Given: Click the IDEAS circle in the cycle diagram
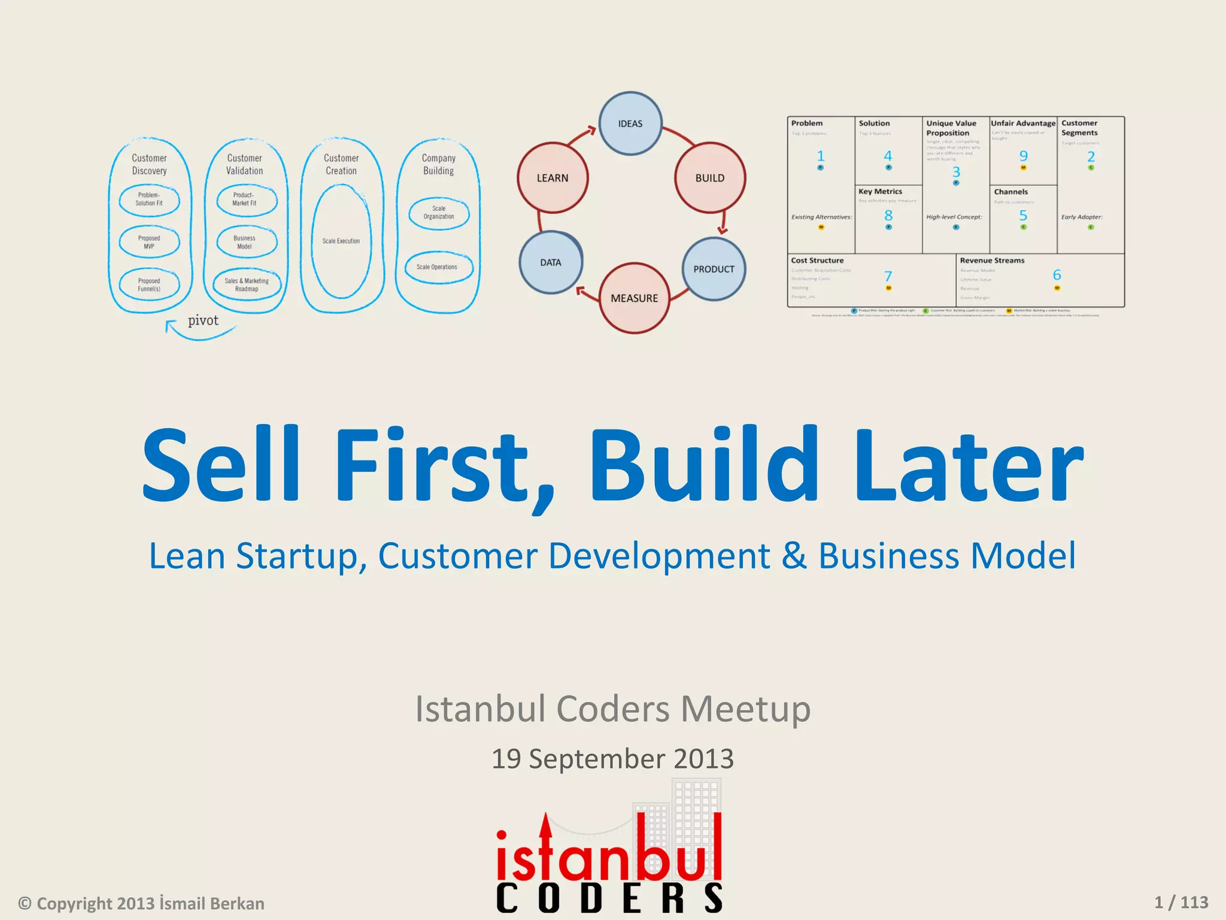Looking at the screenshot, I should [x=630, y=123].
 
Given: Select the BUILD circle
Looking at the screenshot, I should [x=710, y=178].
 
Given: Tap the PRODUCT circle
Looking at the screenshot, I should [x=714, y=269].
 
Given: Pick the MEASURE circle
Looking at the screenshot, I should [x=634, y=298].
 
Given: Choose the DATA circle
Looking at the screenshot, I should [x=551, y=262].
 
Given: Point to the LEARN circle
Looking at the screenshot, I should [x=553, y=178].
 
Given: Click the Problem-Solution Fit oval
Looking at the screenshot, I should [x=149, y=199].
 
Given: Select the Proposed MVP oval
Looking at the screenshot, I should [x=149, y=242].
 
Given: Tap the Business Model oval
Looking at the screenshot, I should [x=245, y=242].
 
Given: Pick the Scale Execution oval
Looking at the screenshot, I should [x=341, y=241].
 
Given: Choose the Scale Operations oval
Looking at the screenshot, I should [x=438, y=267].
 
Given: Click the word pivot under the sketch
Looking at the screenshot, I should [x=203, y=320].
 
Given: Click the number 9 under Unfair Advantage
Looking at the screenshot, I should [x=1024, y=156].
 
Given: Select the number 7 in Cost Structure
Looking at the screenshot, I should [x=888, y=276].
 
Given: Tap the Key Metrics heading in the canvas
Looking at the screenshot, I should [x=880, y=192].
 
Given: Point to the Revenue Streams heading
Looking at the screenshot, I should [x=992, y=261].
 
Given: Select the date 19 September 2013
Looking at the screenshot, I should [x=612, y=759].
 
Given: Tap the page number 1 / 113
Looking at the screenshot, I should [x=1181, y=902].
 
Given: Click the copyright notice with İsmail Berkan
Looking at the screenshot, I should [x=142, y=903].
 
